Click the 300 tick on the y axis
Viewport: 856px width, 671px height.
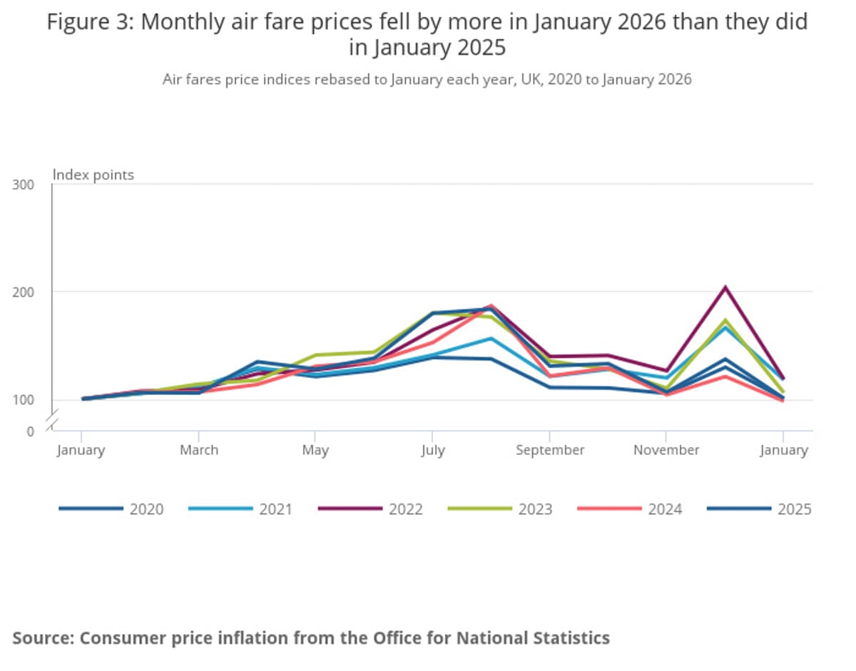[24, 185]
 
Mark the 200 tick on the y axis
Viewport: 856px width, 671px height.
[24, 292]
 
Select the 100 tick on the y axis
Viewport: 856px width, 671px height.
[24, 399]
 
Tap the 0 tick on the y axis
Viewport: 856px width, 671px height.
[31, 431]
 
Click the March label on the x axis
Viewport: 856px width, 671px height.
[199, 450]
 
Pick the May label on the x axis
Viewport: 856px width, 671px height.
[315, 450]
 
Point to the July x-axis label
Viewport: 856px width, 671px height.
[432, 450]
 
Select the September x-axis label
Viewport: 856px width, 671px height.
[550, 450]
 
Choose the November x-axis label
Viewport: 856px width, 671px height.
[666, 450]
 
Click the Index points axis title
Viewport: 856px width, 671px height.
[94, 175]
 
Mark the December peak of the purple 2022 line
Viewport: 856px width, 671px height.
[725, 287]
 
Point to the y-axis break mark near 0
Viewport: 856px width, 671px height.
[52, 426]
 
